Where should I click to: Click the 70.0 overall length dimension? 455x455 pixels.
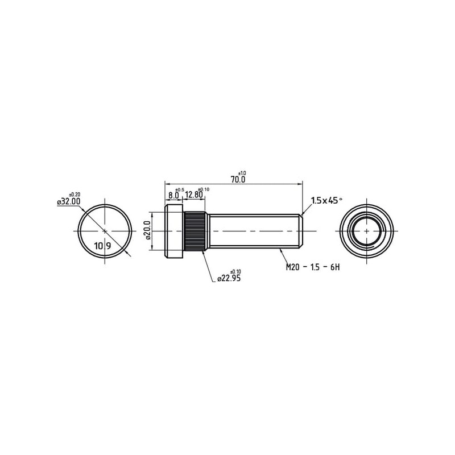[x=238, y=180]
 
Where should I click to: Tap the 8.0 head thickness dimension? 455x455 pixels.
[x=173, y=195]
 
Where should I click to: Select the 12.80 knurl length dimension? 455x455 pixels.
[x=194, y=195]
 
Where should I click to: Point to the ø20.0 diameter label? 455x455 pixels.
[x=147, y=231]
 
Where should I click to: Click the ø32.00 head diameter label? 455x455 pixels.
[x=69, y=201]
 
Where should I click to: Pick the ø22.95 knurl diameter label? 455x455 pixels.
[x=229, y=278]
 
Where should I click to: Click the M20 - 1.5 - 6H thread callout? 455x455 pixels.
[x=312, y=267]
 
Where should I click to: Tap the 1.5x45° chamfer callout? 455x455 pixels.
[x=326, y=200]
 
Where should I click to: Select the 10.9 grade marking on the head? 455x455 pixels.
[x=102, y=246]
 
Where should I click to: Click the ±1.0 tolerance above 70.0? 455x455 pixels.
[x=242, y=173]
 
